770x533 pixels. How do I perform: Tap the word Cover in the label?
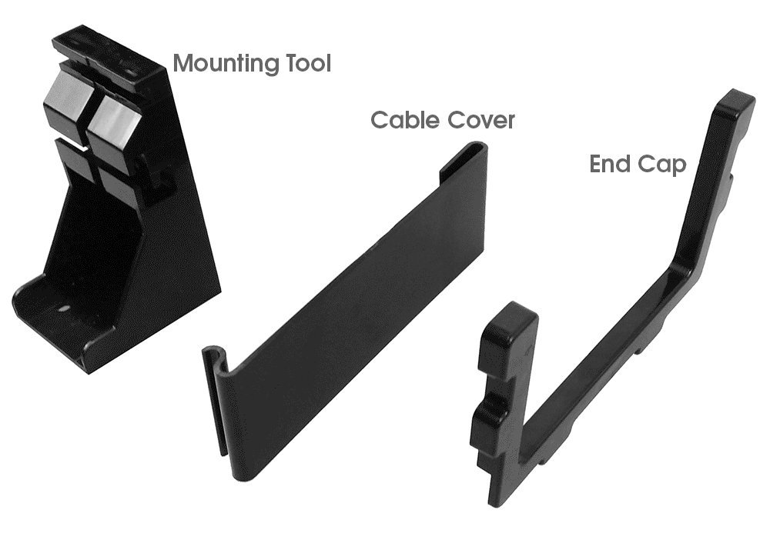tap(480, 121)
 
